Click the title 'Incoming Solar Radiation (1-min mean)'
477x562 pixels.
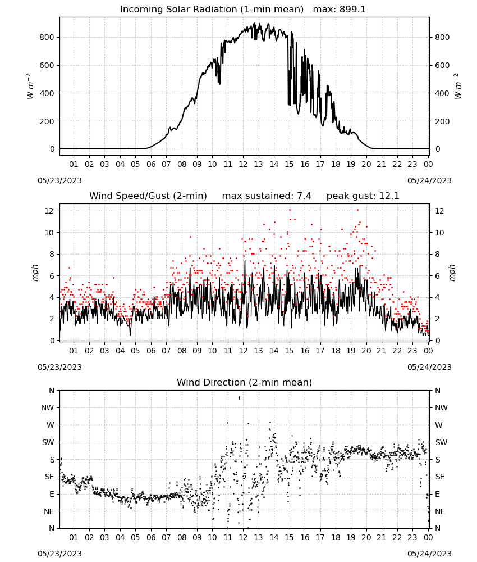coord(212,10)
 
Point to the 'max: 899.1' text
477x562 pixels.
coord(340,10)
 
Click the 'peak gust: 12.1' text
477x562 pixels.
coord(363,196)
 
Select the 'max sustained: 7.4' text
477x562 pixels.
coord(267,196)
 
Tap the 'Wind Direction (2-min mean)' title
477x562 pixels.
coord(245,382)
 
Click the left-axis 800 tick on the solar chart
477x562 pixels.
coord(47,37)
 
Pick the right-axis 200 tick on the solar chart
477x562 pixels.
coord(442,121)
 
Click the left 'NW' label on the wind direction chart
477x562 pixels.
coord(48,408)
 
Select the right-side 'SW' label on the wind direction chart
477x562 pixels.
coord(441,443)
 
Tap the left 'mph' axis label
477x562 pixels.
coord(35,273)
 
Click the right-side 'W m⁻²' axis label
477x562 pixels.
coord(458,87)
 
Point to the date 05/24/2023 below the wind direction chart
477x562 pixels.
coord(429,554)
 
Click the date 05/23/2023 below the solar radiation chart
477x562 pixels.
coord(59,180)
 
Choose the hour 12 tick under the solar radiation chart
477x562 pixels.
coord(243,164)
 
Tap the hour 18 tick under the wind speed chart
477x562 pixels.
coord(336,351)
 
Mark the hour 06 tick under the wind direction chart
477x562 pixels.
coord(151,537)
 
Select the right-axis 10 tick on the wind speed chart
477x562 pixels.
coord(440,233)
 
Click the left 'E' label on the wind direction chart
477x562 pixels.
coord(52,494)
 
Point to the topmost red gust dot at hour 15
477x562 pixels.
coord(290,210)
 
